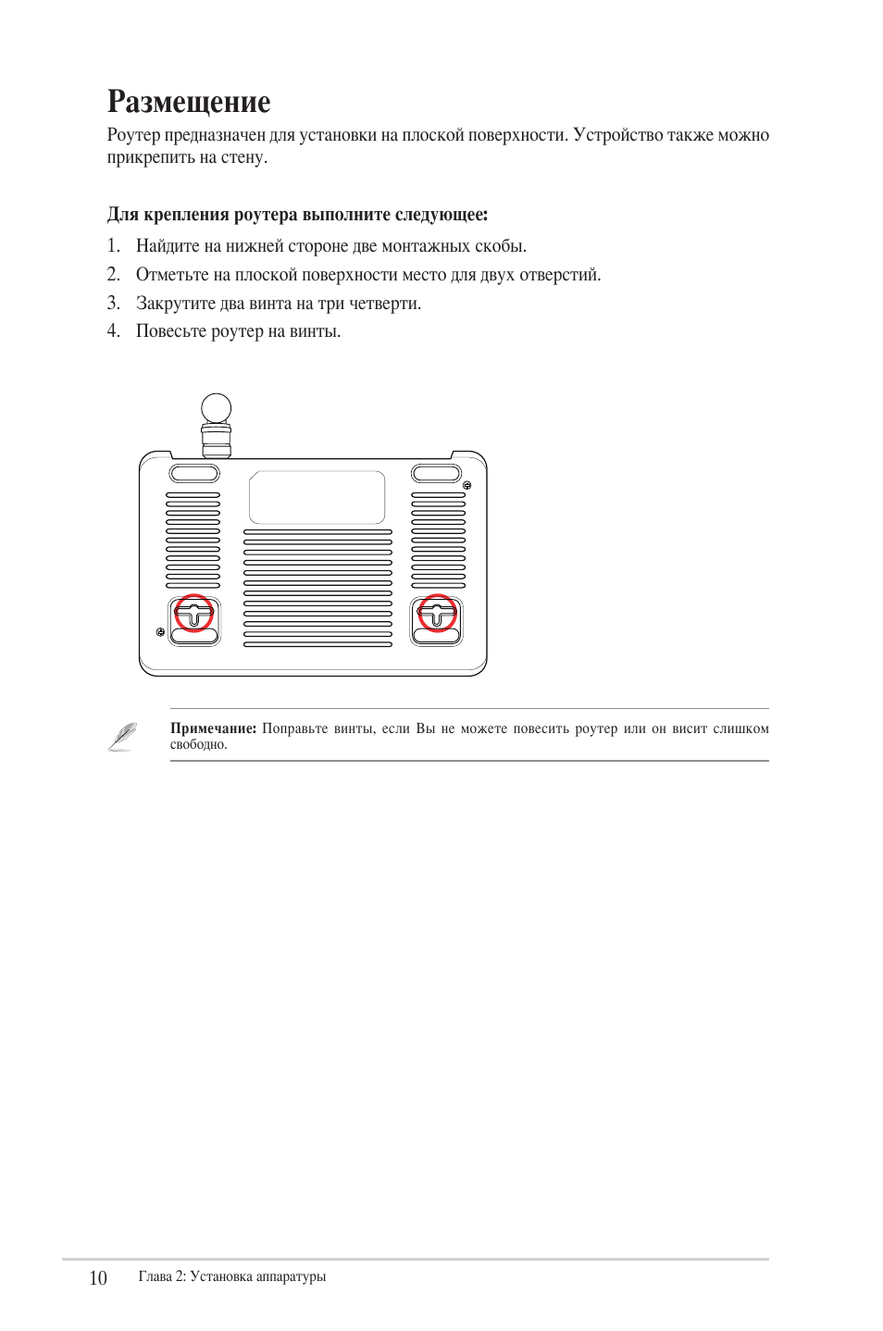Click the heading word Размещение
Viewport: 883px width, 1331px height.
189,102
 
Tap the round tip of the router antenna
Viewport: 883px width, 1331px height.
216,407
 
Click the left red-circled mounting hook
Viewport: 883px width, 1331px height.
194,613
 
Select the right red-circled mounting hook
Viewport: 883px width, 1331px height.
437,613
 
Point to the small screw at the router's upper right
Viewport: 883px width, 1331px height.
467,485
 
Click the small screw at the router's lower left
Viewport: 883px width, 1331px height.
161,631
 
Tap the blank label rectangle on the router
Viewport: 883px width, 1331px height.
317,497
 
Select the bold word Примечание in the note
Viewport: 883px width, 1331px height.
213,728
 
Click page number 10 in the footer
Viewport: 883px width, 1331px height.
98,1278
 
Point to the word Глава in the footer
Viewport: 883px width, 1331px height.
155,1277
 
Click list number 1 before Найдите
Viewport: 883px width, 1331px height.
113,246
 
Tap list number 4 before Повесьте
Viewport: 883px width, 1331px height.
113,331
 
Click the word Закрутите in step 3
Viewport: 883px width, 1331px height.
170,304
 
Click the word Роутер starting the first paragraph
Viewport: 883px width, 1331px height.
133,135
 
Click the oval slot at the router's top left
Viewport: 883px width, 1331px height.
194,474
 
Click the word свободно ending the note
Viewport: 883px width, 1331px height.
197,745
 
